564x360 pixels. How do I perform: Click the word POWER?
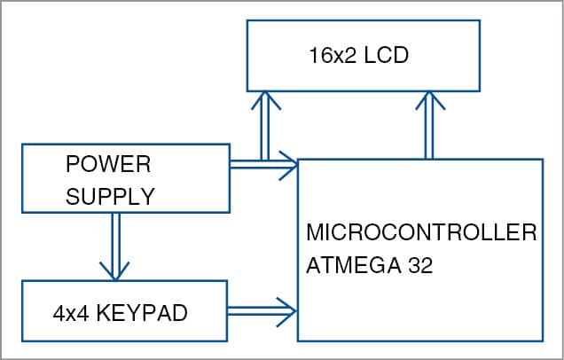pyautogui.click(x=108, y=165)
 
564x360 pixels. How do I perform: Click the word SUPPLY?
pyautogui.click(x=111, y=196)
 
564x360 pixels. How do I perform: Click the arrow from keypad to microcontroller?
pyautogui.click(x=262, y=310)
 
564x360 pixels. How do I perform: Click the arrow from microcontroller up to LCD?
pyautogui.click(x=430, y=124)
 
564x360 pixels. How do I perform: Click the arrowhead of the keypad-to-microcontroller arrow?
pyautogui.click(x=287, y=310)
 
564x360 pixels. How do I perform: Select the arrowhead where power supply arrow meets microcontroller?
pyautogui.click(x=287, y=163)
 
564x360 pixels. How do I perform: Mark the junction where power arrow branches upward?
pyautogui.click(x=262, y=163)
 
